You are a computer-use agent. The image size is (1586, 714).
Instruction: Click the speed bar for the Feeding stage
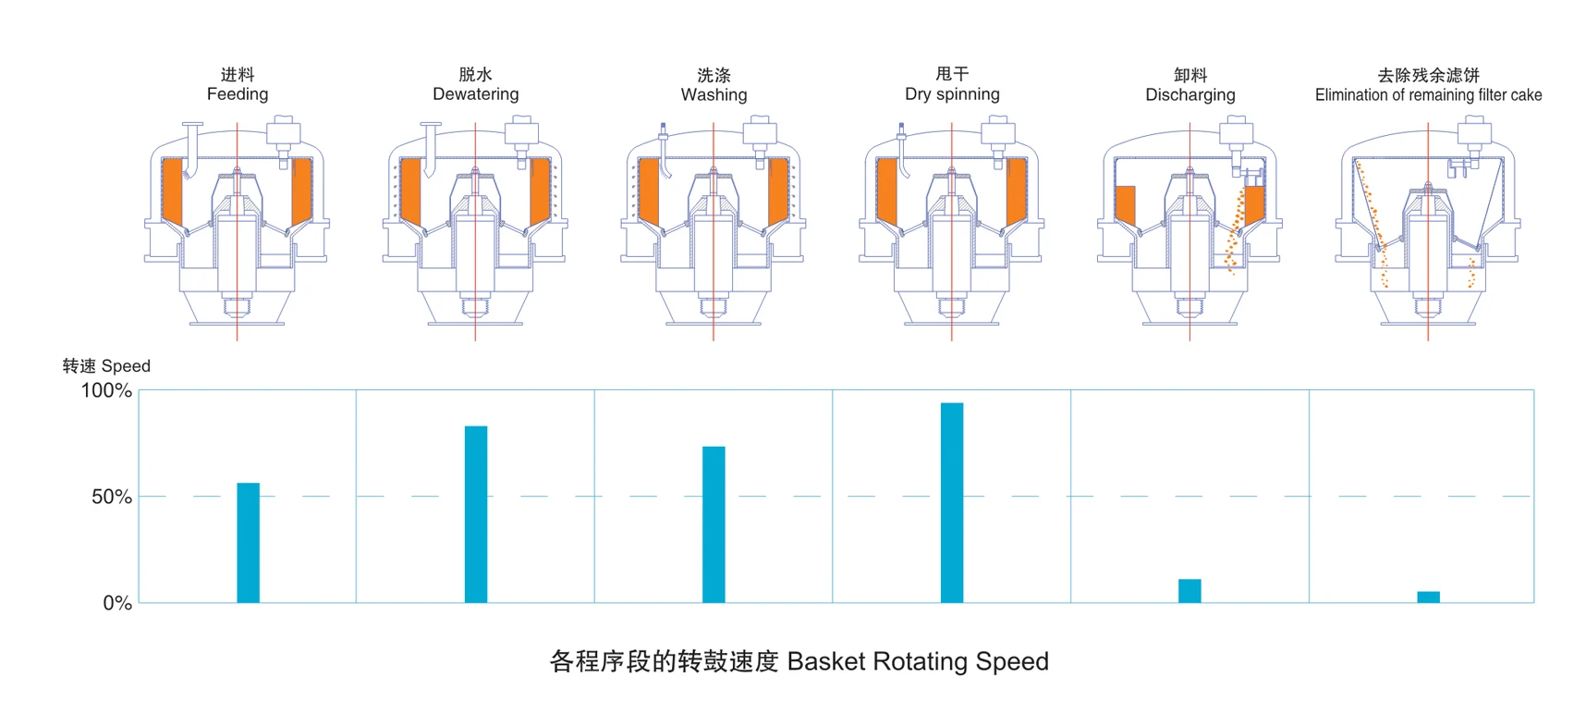pyautogui.click(x=248, y=543)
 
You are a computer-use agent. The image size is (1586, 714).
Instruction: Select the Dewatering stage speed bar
pyautogui.click(x=476, y=514)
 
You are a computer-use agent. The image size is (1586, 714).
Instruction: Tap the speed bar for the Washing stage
pyautogui.click(x=714, y=524)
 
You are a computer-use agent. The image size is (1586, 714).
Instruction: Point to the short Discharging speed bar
pyautogui.click(x=1189, y=591)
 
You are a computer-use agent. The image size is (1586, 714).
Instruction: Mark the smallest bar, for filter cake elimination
pyautogui.click(x=1428, y=597)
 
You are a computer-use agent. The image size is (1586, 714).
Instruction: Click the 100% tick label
pyautogui.click(x=106, y=390)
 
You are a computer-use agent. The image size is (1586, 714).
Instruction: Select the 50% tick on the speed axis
pyautogui.click(x=112, y=497)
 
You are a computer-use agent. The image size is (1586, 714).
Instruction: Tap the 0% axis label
pyautogui.click(x=117, y=603)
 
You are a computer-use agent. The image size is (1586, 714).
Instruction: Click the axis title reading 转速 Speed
pyautogui.click(x=106, y=366)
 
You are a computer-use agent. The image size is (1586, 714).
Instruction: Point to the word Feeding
pyautogui.click(x=238, y=94)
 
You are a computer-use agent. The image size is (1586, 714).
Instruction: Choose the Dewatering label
pyautogui.click(x=476, y=94)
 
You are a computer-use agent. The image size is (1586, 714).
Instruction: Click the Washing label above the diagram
pyautogui.click(x=714, y=94)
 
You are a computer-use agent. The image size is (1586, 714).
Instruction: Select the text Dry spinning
pyautogui.click(x=952, y=94)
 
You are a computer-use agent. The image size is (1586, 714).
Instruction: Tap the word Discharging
pyautogui.click(x=1189, y=94)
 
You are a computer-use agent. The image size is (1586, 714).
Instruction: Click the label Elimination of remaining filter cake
pyautogui.click(x=1428, y=94)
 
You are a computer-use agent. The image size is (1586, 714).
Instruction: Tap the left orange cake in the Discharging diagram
pyautogui.click(x=1125, y=204)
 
